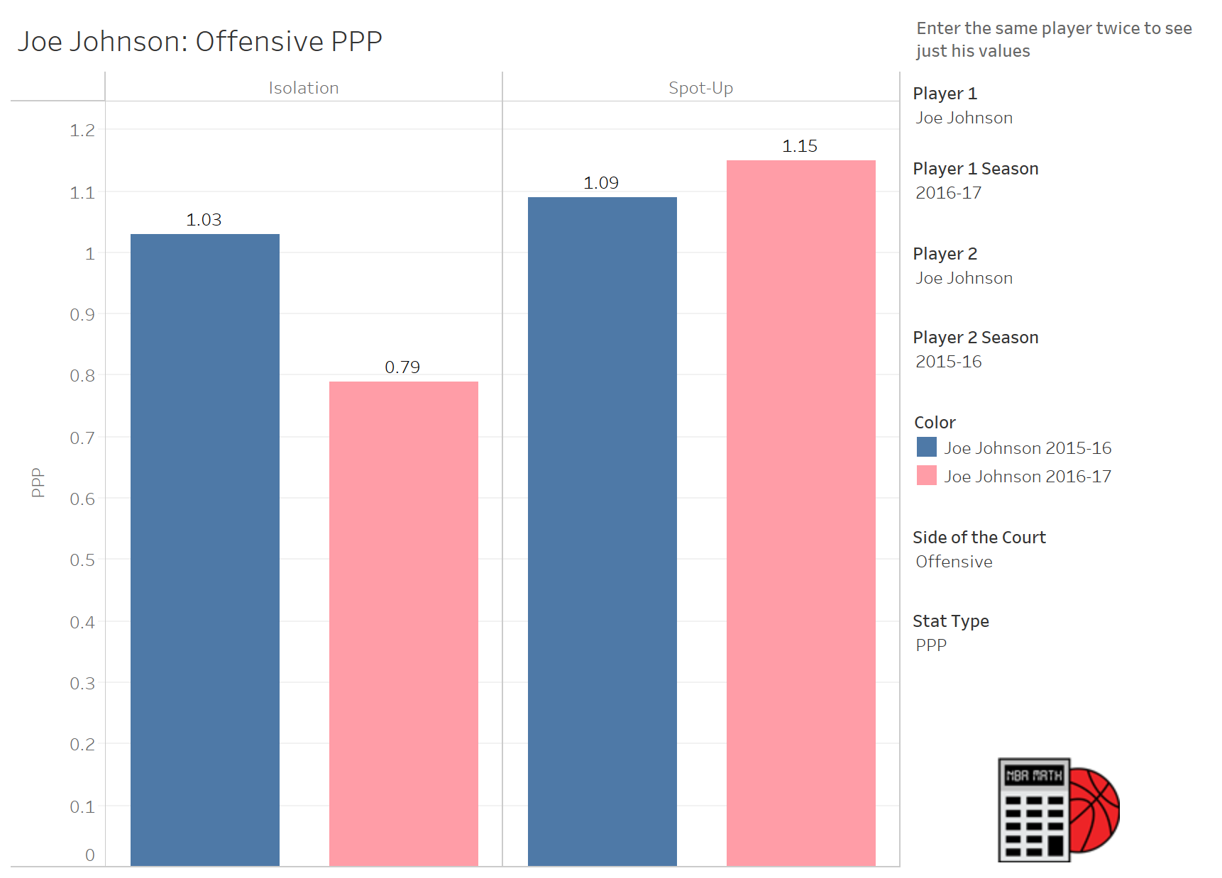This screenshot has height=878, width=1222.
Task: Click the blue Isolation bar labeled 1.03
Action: [x=205, y=550]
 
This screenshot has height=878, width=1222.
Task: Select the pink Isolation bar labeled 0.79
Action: [x=404, y=623]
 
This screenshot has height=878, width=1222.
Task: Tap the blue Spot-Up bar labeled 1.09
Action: [x=602, y=531]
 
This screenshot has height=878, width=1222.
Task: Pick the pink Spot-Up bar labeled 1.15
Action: [x=801, y=513]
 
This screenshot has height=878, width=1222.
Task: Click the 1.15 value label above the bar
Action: [x=800, y=146]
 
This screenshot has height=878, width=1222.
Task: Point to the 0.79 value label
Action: [x=402, y=367]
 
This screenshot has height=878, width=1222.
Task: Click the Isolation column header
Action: [x=304, y=88]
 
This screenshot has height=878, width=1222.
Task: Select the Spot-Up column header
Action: [x=701, y=88]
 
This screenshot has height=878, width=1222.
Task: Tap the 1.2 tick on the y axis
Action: [x=82, y=130]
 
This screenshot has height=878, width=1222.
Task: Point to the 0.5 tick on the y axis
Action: [x=82, y=560]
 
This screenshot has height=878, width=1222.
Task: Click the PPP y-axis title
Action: [x=38, y=482]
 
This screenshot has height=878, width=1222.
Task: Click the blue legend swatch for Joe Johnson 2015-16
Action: [x=927, y=447]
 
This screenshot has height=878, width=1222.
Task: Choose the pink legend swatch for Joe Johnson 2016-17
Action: [x=927, y=475]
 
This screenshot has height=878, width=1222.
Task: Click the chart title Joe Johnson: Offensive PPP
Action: [x=200, y=42]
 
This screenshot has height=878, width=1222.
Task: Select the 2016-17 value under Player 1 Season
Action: [x=949, y=193]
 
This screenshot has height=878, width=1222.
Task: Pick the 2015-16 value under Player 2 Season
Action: [x=949, y=362]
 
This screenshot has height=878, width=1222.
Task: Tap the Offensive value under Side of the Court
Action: [x=954, y=562]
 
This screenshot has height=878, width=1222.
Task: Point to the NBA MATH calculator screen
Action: [x=1034, y=776]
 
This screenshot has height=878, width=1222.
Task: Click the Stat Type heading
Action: [x=951, y=621]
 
